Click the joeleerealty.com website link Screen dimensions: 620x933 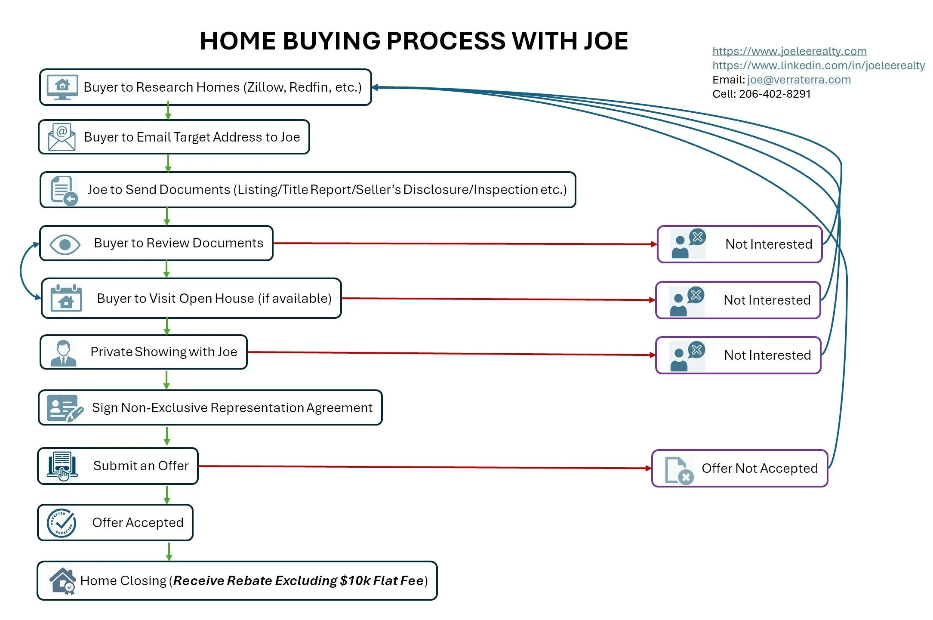(789, 52)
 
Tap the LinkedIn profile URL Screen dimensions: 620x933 (818, 66)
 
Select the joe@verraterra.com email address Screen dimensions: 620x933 (799, 80)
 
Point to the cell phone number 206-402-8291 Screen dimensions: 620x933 (774, 94)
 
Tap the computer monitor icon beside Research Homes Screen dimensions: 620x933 (62, 87)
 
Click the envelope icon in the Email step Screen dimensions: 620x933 (62, 137)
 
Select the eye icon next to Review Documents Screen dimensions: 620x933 (65, 244)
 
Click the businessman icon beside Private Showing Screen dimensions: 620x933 (63, 353)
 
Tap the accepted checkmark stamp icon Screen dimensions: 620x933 (62, 523)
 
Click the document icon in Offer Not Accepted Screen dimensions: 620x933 (679, 470)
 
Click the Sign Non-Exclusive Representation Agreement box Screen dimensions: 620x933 (210, 407)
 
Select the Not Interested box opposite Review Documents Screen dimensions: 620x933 (739, 244)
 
